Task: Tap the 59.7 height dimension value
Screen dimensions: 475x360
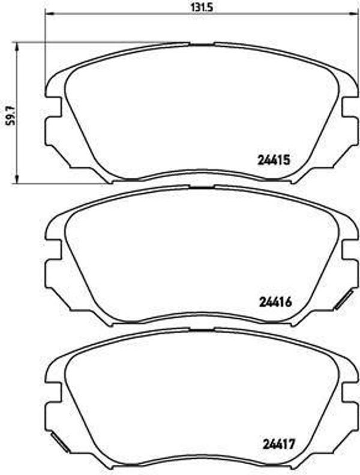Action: point(8,112)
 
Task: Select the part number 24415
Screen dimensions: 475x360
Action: point(274,160)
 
